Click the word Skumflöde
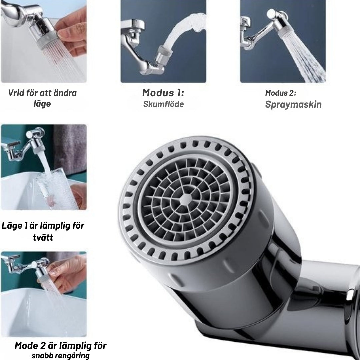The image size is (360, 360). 163,104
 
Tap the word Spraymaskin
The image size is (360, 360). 293,104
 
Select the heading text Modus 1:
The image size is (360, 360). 163,93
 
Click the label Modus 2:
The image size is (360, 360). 281,93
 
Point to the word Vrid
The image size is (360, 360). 16,93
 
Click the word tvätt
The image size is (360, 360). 43,237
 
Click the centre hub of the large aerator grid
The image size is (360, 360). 186,199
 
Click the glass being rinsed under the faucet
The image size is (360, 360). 57,188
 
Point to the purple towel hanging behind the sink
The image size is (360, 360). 70,147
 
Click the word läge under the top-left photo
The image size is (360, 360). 42,104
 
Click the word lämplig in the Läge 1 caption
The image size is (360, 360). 55,226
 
